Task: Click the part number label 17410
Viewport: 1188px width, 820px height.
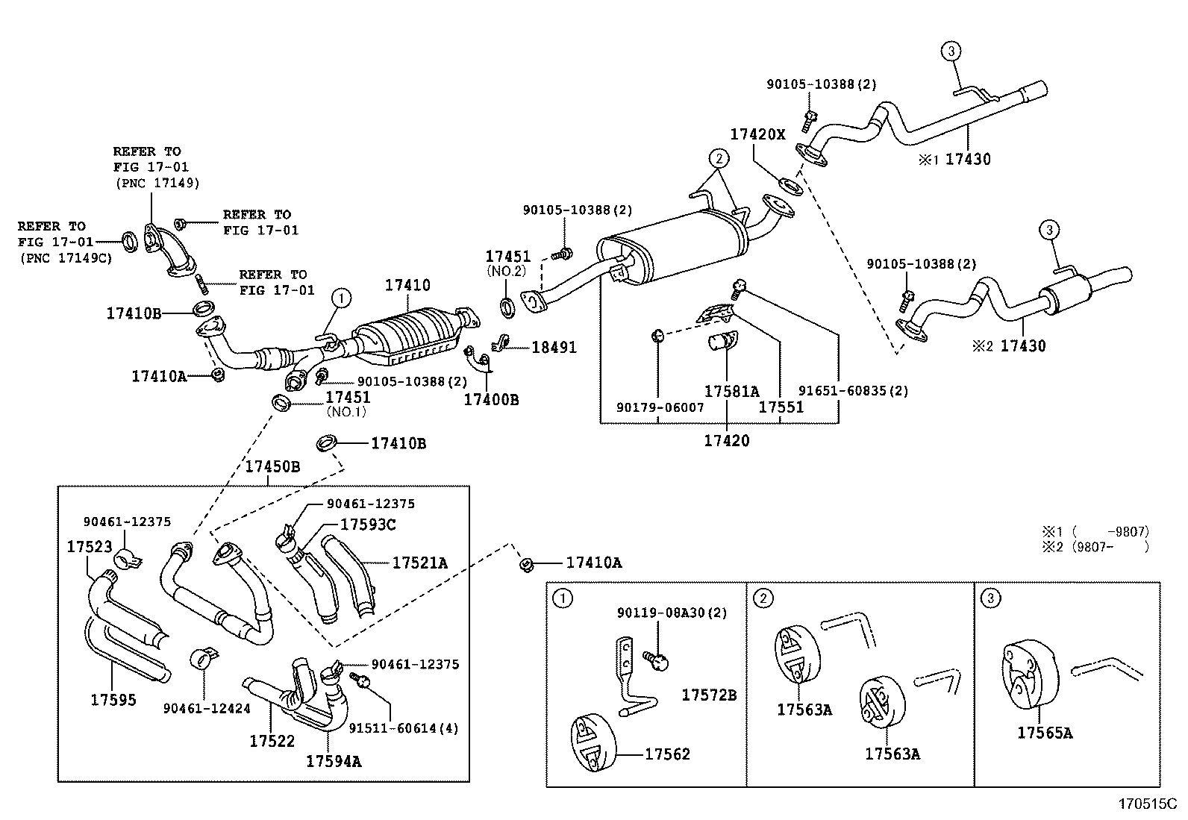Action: coord(407,285)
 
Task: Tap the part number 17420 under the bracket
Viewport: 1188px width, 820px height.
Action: coord(726,440)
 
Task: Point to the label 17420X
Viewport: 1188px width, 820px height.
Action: coord(757,134)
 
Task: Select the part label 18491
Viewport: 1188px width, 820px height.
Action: coord(554,347)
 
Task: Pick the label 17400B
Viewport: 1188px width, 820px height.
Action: coord(490,399)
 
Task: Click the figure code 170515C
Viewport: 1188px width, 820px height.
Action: coord(1146,804)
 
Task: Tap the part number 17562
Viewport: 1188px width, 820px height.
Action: coord(667,754)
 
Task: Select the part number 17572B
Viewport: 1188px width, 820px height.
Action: coord(709,695)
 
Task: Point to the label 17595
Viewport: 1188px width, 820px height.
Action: coord(113,699)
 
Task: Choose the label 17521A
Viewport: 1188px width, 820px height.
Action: coord(419,563)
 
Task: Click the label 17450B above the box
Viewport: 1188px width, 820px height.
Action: coord(272,466)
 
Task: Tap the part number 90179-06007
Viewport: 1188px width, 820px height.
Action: coord(660,407)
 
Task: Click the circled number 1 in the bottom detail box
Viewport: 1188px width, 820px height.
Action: coord(562,598)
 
